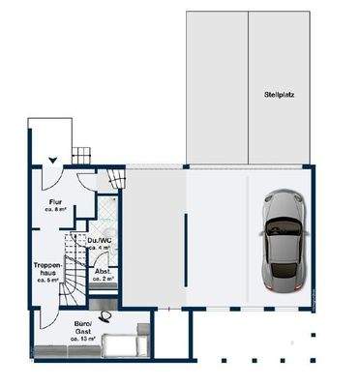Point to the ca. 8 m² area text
click(54, 209)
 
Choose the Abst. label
click(103, 271)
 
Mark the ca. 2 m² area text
click(103, 279)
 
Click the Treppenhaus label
click(47, 266)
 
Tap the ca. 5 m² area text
click(47, 281)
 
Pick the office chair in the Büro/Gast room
click(113, 314)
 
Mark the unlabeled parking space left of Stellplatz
click(216, 87)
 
